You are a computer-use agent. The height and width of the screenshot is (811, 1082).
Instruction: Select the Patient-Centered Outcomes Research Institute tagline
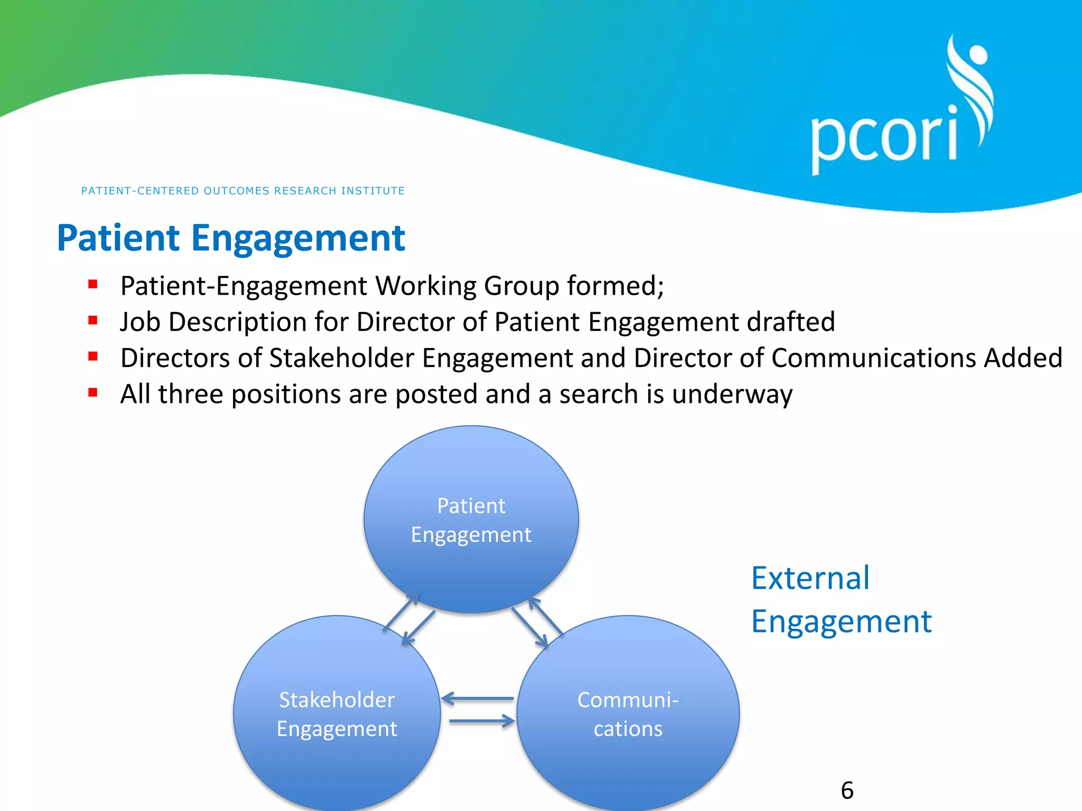click(x=242, y=191)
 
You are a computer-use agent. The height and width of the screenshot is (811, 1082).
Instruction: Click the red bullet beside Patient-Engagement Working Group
click(x=93, y=285)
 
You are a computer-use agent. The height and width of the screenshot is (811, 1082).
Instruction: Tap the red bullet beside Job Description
click(x=93, y=320)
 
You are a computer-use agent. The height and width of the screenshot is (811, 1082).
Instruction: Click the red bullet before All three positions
click(x=93, y=392)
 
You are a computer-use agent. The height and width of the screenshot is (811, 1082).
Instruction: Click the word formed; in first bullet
click(x=615, y=286)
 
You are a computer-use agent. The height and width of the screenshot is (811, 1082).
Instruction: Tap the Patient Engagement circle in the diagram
click(x=471, y=520)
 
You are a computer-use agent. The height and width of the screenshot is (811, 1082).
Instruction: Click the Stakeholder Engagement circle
click(x=337, y=714)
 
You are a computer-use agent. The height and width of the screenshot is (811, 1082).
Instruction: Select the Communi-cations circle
click(x=628, y=714)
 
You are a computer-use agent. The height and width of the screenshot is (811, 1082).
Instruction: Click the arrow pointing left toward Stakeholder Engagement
click(x=477, y=699)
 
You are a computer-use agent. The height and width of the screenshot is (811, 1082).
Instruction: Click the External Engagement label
click(x=841, y=599)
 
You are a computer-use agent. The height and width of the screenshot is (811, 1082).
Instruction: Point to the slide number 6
click(x=847, y=790)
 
